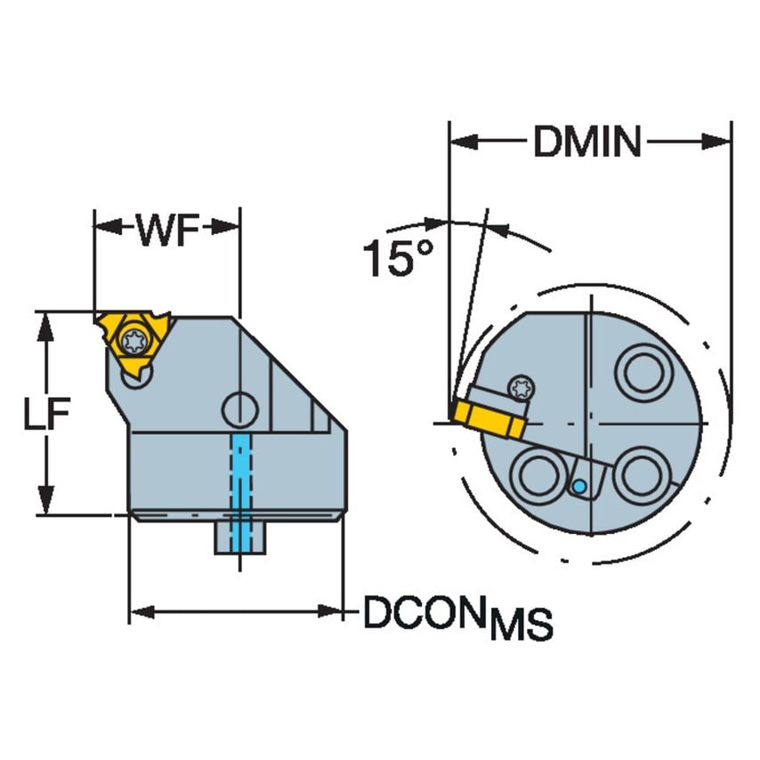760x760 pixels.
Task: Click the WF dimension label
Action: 166,231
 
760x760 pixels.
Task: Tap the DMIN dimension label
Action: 587,141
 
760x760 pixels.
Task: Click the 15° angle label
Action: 397,258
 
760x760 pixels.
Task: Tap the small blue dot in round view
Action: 578,486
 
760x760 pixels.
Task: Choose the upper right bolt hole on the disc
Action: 642,372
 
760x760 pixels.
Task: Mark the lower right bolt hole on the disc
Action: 641,475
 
